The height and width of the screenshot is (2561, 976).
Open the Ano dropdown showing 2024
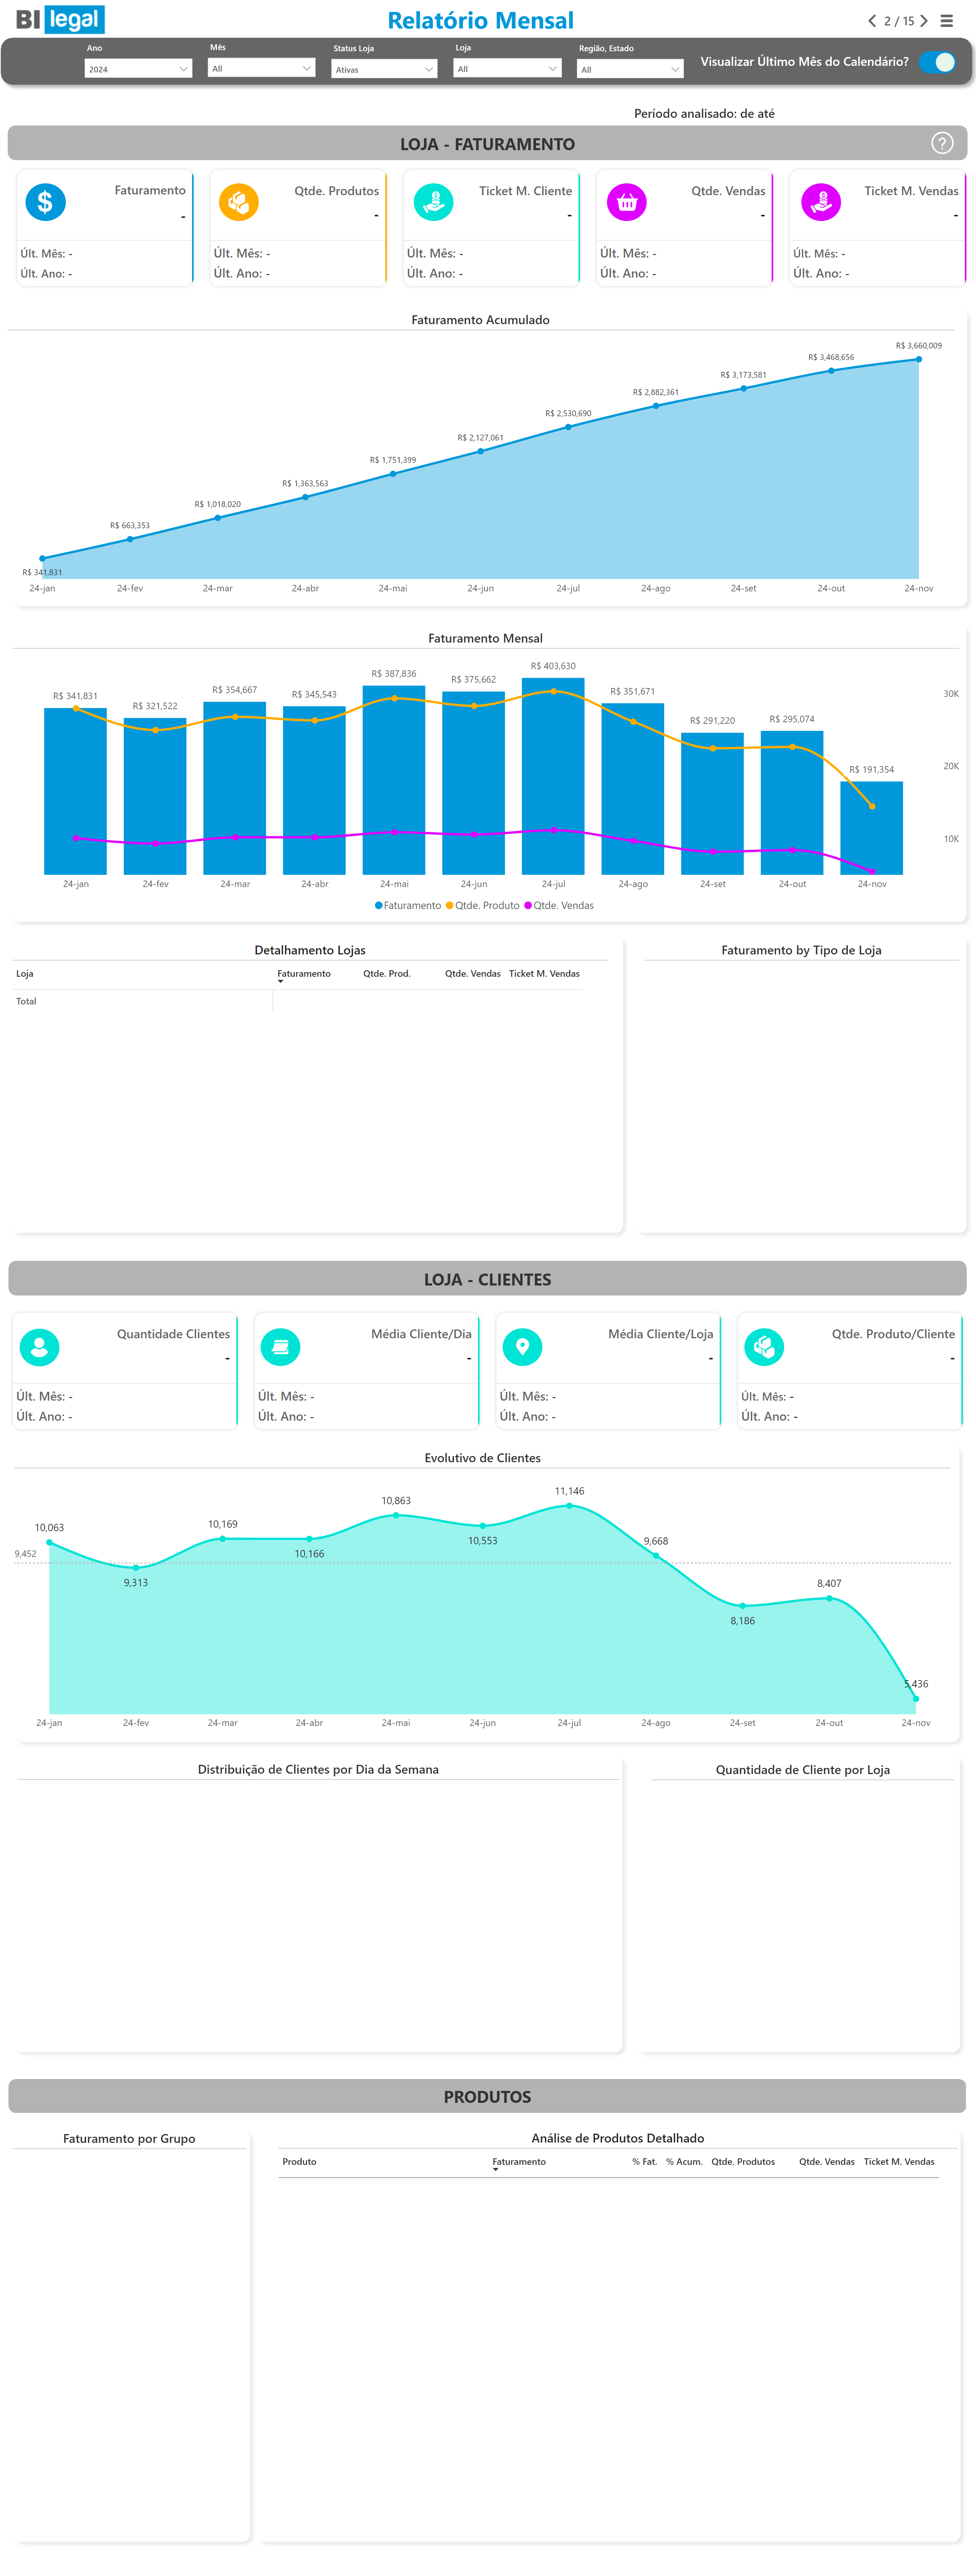click(x=137, y=69)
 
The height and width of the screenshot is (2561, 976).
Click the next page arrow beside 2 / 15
click(x=924, y=21)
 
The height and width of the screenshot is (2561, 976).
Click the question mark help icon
click(x=941, y=143)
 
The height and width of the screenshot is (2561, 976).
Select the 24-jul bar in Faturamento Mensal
click(x=553, y=775)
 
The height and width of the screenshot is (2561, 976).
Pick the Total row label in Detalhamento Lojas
click(x=26, y=1001)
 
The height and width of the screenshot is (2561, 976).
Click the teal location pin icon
click(x=523, y=1346)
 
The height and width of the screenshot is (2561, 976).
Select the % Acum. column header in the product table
click(x=684, y=2161)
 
